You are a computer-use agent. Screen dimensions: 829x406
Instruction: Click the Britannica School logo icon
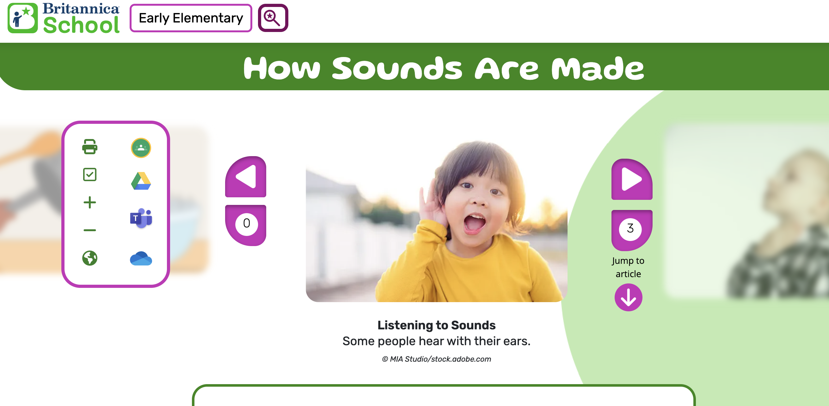pyautogui.click(x=22, y=18)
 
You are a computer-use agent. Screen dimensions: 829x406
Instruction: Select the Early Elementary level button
pyautogui.click(x=191, y=18)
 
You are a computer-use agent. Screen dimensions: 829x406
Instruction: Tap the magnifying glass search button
pyautogui.click(x=273, y=18)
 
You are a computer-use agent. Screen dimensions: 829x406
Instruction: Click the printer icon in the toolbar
pyautogui.click(x=90, y=147)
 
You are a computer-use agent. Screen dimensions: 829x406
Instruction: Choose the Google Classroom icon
pyautogui.click(x=141, y=148)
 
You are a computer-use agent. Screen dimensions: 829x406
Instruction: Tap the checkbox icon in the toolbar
pyautogui.click(x=90, y=174)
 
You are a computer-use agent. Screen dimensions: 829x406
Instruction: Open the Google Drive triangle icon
pyautogui.click(x=141, y=181)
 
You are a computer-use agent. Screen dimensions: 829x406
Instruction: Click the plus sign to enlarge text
pyautogui.click(x=90, y=202)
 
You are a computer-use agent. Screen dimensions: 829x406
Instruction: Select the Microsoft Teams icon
pyautogui.click(x=141, y=218)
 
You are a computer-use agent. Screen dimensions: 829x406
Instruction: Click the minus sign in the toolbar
pyautogui.click(x=90, y=230)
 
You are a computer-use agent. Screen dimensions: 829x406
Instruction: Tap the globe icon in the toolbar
pyautogui.click(x=90, y=258)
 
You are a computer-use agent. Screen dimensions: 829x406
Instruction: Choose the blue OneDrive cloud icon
pyautogui.click(x=141, y=258)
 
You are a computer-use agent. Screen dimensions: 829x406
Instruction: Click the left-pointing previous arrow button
pyautogui.click(x=246, y=177)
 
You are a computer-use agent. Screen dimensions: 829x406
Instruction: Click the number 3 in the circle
pyautogui.click(x=630, y=229)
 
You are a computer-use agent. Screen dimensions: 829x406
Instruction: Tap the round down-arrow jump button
pyautogui.click(x=629, y=297)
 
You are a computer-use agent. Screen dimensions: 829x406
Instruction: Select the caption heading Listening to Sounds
pyautogui.click(x=436, y=325)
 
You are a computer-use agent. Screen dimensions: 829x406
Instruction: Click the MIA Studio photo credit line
pyautogui.click(x=436, y=359)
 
